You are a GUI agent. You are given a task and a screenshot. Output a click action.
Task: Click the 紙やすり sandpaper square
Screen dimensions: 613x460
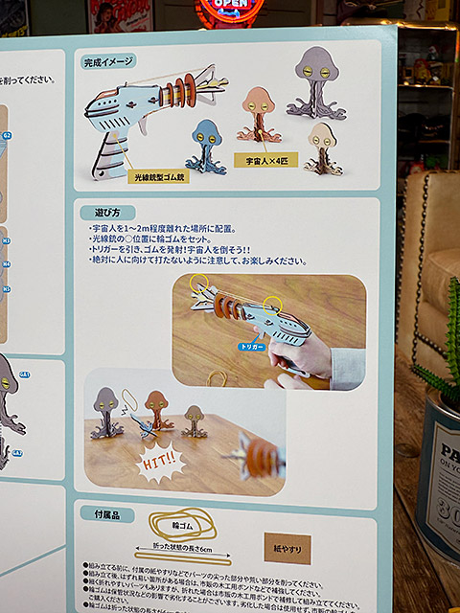(287, 548)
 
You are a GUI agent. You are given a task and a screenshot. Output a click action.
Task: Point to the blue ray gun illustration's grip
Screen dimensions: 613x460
(109, 153)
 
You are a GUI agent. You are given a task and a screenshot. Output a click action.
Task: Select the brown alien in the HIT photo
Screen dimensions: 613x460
(157, 412)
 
